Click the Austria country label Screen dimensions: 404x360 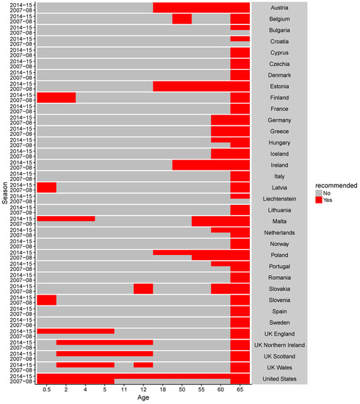tap(279, 7)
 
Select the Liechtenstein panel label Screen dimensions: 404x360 tap(279, 198)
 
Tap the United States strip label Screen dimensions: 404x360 tap(279, 378)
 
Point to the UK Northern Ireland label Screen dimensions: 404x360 tap(279, 345)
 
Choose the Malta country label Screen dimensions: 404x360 tap(279, 221)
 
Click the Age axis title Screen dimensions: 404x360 tap(143, 399)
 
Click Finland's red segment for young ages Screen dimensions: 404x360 tap(56, 98)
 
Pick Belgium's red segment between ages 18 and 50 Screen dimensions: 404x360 tap(181, 19)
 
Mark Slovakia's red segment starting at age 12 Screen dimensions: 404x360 tap(143, 289)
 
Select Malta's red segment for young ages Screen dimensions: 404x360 tap(66, 218)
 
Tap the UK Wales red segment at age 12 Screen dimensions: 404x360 tap(143, 364)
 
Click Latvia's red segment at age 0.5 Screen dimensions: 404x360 tap(46, 187)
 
